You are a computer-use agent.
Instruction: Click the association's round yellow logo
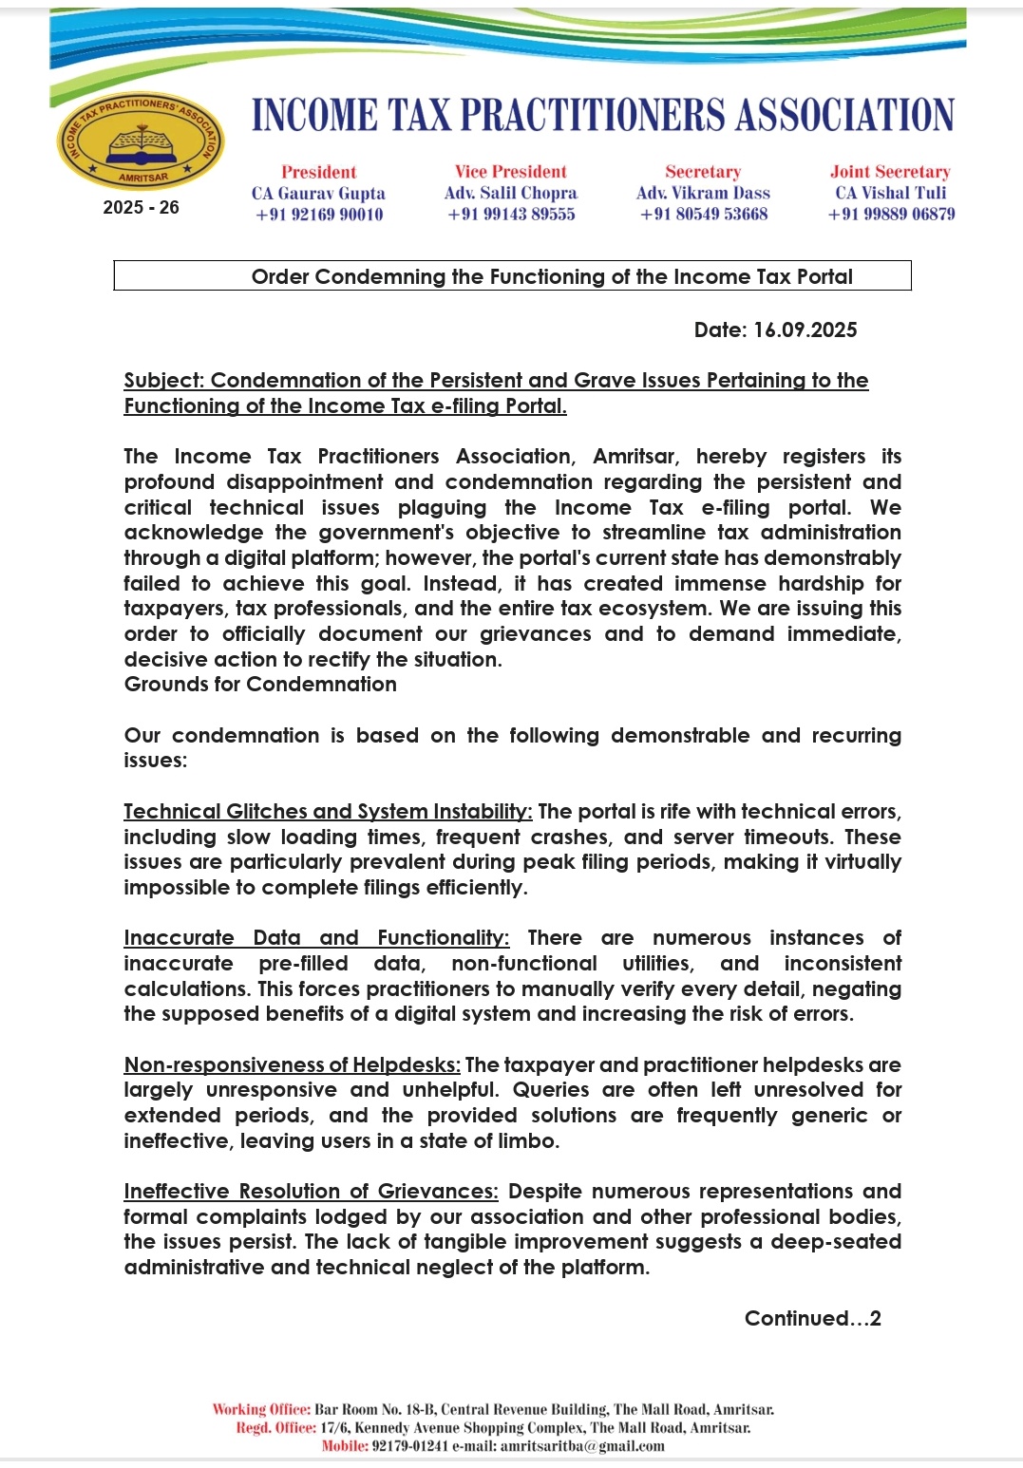pos(141,141)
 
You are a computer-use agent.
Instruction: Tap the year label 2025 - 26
pos(141,207)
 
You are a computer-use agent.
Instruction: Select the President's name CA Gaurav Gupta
pos(318,193)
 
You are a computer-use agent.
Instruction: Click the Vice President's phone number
pos(511,215)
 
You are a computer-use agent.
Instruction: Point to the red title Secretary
pos(703,172)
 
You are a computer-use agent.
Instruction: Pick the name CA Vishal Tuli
pos(891,193)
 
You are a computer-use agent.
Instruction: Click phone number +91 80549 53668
pos(704,215)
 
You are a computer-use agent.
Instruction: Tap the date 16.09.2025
pos(805,330)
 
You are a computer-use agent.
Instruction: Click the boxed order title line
pos(552,276)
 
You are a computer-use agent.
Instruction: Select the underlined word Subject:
pos(164,381)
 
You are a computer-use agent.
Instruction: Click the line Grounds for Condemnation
pos(260,685)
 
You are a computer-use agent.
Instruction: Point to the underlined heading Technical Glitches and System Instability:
pos(328,812)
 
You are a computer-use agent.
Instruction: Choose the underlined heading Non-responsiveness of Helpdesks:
pos(292,1065)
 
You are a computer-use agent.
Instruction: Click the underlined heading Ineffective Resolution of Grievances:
pos(311,1192)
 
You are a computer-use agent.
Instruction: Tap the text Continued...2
pos(812,1318)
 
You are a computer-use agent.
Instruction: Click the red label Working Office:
pos(261,1410)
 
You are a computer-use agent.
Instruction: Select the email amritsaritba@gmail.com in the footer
pos(582,1446)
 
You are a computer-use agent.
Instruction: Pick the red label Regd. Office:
pos(276,1428)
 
